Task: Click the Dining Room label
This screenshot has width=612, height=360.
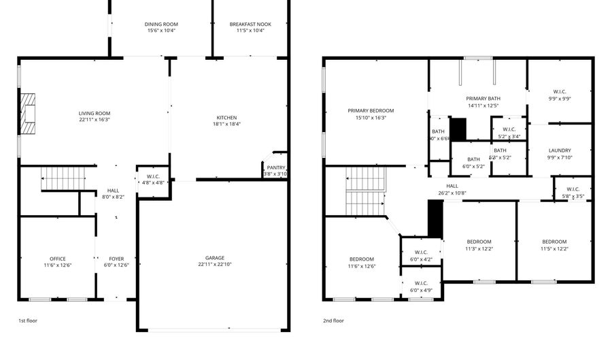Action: click(x=161, y=24)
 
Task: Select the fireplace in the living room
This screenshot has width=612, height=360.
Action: click(x=27, y=114)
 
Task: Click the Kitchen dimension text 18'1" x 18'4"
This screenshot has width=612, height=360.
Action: click(x=226, y=124)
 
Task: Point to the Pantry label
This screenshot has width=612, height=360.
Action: click(x=276, y=167)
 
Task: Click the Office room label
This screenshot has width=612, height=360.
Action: click(x=58, y=259)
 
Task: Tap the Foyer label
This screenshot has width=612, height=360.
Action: click(x=116, y=259)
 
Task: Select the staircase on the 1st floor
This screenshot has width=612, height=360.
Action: click(x=63, y=178)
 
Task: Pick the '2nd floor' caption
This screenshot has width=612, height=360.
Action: click(x=333, y=320)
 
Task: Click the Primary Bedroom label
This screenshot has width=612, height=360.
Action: click(x=371, y=110)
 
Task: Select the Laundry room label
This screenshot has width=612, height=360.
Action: click(x=560, y=150)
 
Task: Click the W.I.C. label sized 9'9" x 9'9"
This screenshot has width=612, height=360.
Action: click(x=560, y=92)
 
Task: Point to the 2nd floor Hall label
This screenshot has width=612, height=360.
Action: click(x=452, y=186)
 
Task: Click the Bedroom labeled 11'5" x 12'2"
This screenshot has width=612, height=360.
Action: click(x=554, y=242)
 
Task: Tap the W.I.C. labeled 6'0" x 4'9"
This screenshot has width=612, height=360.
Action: click(x=420, y=283)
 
